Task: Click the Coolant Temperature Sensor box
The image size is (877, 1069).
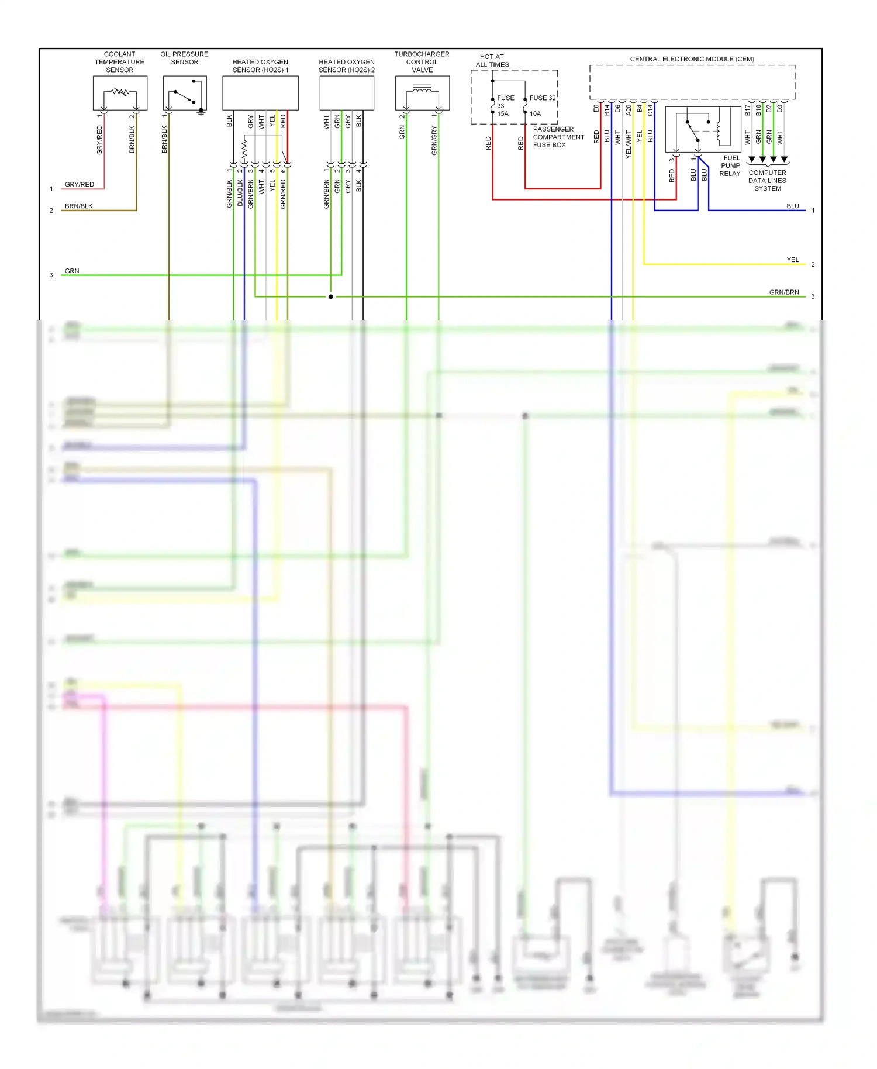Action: [120, 92]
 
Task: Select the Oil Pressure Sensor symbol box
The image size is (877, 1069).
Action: [185, 92]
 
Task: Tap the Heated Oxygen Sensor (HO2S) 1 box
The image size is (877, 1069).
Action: [260, 92]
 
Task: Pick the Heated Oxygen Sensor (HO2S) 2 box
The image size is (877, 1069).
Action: [347, 92]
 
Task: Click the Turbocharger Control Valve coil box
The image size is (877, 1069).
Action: [422, 92]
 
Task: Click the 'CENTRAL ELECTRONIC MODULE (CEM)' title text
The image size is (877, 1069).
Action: [692, 59]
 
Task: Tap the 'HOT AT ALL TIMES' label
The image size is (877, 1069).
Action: [492, 61]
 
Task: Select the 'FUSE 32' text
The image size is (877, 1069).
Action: [543, 98]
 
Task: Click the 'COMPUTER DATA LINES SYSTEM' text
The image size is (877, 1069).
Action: [768, 181]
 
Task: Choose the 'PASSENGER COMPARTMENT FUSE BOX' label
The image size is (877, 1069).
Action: [558, 137]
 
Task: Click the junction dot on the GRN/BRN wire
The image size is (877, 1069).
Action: [331, 296]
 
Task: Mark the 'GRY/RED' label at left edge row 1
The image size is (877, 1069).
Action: [80, 184]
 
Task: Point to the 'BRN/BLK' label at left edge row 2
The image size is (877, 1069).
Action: [79, 206]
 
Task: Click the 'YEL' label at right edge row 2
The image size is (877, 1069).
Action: [792, 260]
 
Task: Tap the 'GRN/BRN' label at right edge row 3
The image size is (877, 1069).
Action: [784, 292]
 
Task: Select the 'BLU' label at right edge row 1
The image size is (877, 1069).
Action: [792, 206]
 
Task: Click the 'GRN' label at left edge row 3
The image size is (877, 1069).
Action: [72, 271]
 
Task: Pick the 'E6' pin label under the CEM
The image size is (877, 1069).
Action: [596, 109]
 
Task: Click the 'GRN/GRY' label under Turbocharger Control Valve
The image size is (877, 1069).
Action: [434, 141]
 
